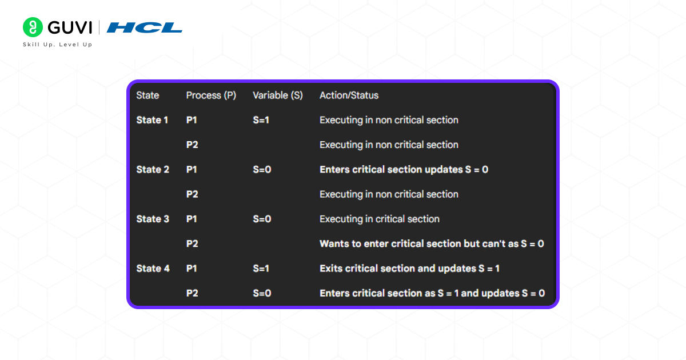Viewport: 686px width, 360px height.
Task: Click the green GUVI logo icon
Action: [33, 27]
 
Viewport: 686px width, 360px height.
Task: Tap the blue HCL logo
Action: [145, 27]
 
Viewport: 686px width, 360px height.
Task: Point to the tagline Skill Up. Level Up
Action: [57, 45]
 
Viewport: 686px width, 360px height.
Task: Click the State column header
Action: [147, 95]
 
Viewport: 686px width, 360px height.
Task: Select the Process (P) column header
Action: [211, 95]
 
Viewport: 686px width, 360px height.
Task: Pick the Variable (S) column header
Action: [278, 95]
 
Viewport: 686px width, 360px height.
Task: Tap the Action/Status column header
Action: [349, 95]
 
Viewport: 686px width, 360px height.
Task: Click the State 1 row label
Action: [152, 120]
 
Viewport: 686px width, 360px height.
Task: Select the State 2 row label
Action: [153, 170]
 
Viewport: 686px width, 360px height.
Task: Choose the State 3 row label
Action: [153, 219]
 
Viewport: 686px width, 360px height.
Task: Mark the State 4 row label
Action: [153, 269]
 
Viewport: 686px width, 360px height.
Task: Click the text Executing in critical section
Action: [379, 219]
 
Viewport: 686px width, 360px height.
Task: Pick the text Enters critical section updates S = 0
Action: [404, 170]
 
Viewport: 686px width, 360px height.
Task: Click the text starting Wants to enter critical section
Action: [431, 244]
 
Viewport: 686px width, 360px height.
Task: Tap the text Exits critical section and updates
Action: [409, 269]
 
